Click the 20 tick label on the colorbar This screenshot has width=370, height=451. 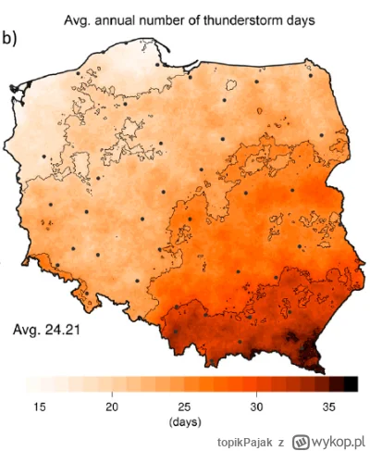pyautogui.click(x=112, y=407)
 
